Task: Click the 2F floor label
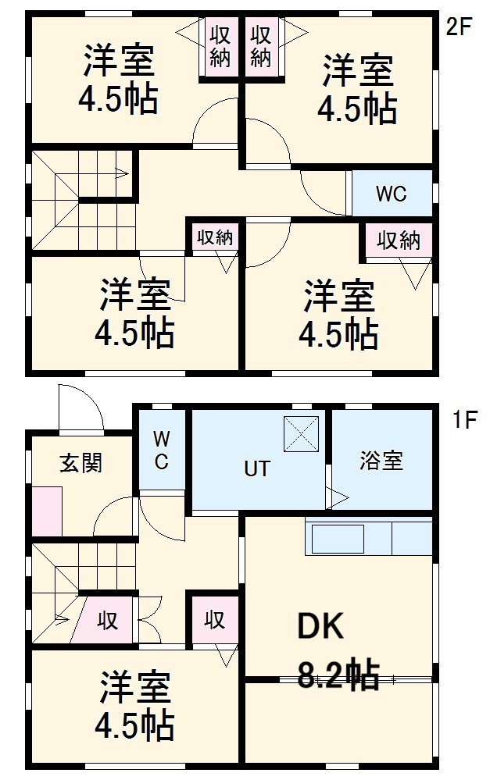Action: pyautogui.click(x=460, y=27)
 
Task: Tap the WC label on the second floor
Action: pyautogui.click(x=391, y=194)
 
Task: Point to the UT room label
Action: pyautogui.click(x=257, y=468)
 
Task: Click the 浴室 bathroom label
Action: pyautogui.click(x=381, y=461)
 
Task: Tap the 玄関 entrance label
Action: pyautogui.click(x=81, y=462)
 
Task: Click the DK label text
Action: pyautogui.click(x=320, y=627)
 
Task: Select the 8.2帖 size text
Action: pyautogui.click(x=339, y=675)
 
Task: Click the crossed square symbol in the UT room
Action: pyautogui.click(x=301, y=434)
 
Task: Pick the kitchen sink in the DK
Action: pyautogui.click(x=338, y=537)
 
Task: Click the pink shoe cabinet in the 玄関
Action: pyautogui.click(x=47, y=511)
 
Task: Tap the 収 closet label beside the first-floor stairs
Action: pyautogui.click(x=108, y=621)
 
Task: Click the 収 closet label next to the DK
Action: pyautogui.click(x=215, y=619)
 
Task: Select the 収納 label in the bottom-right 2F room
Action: pyautogui.click(x=399, y=240)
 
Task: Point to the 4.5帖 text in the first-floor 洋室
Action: pyautogui.click(x=134, y=727)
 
